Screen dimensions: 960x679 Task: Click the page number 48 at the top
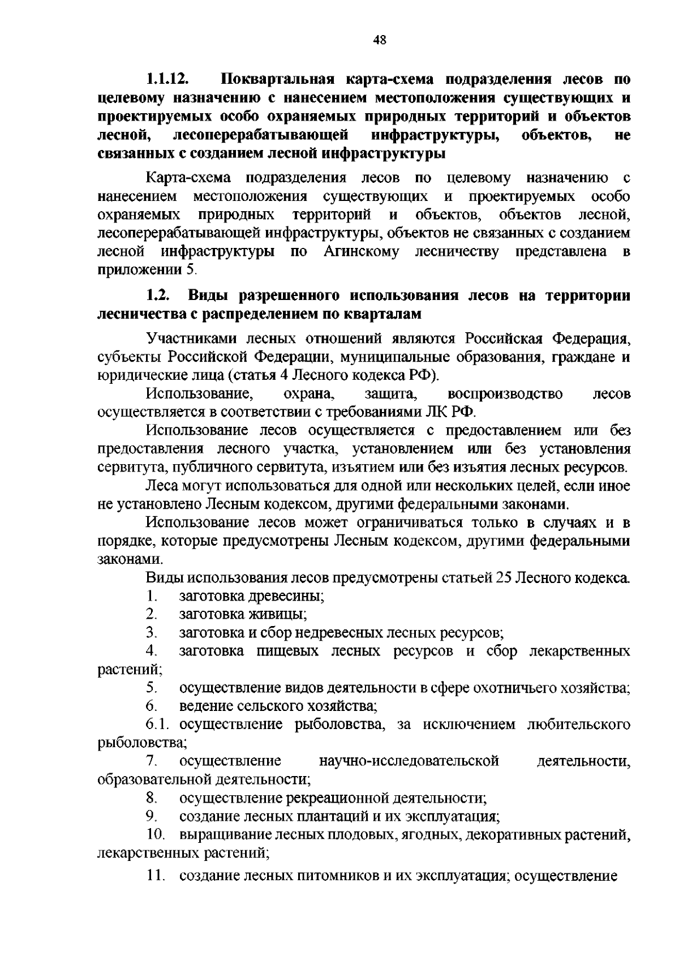[380, 40]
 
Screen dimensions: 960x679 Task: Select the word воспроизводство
[505, 394]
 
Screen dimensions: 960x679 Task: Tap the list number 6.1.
[160, 725]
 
